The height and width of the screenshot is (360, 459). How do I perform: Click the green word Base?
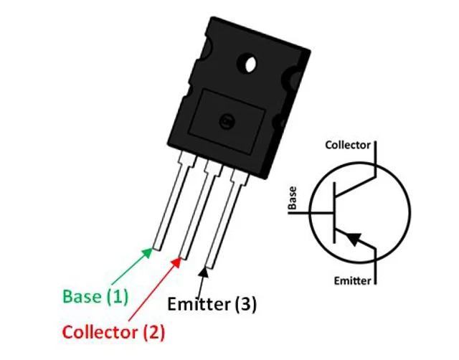[x=82, y=296]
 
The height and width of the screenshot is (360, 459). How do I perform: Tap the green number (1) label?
[x=117, y=296]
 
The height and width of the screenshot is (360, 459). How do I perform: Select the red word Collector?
[x=100, y=332]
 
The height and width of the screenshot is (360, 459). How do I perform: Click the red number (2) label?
[x=154, y=333]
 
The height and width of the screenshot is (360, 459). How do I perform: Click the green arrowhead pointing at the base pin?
[x=147, y=253]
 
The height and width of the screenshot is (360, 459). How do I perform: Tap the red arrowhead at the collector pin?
[x=176, y=262]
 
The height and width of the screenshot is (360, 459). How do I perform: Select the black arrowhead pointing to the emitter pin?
[x=204, y=272]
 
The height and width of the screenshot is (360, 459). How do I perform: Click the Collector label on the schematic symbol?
[x=348, y=145]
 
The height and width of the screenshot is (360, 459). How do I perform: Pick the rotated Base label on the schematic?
[x=292, y=198]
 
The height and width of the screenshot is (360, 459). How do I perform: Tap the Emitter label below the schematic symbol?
[x=352, y=281]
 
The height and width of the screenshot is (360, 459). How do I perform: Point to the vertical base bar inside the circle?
[x=335, y=212]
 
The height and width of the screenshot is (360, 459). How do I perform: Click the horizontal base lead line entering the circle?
[x=311, y=212]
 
